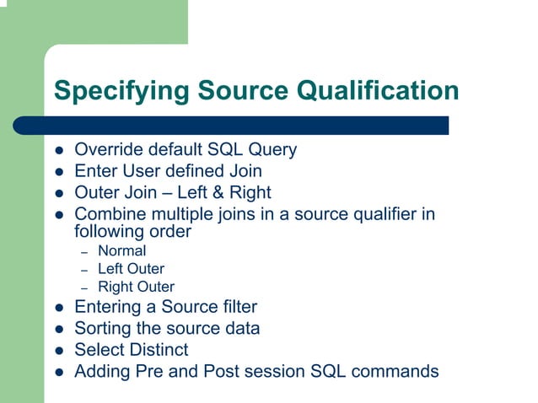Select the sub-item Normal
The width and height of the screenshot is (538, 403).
121,250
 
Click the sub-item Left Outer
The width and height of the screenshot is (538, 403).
131,269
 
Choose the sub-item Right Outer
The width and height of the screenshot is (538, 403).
136,287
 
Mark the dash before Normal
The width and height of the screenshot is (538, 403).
84,251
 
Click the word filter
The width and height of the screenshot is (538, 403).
237,307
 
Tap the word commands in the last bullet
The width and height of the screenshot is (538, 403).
397,371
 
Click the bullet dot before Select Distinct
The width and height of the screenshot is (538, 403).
60,350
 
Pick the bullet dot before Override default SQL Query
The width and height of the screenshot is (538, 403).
60,151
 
